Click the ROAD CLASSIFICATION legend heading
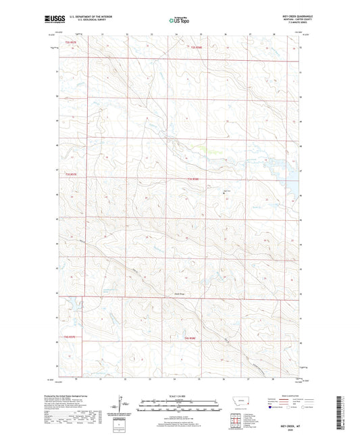click(x=288, y=398)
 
